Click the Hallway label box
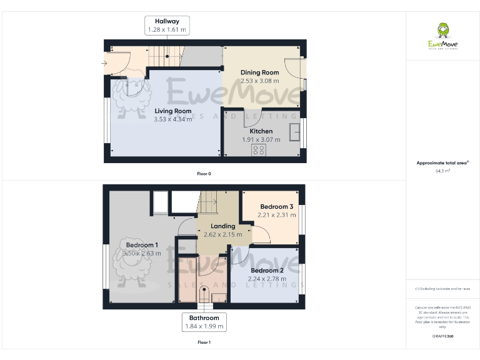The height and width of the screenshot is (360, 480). pyautogui.click(x=167, y=26)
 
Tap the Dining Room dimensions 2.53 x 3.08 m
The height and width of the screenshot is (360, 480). pyautogui.click(x=260, y=81)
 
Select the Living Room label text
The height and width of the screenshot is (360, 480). pyautogui.click(x=173, y=111)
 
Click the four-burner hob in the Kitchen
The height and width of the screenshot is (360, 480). pyautogui.click(x=257, y=151)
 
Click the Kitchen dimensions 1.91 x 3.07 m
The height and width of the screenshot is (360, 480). pyautogui.click(x=261, y=139)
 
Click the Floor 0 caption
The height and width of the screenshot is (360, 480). pyautogui.click(x=204, y=173)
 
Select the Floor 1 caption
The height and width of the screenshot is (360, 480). pyautogui.click(x=204, y=342)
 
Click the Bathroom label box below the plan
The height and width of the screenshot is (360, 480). pyautogui.click(x=204, y=322)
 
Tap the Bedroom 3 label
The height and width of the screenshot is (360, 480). pyautogui.click(x=277, y=207)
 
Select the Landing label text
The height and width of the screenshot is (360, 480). pyautogui.click(x=223, y=226)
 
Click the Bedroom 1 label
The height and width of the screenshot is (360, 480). pyautogui.click(x=141, y=245)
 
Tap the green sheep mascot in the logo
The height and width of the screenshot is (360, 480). pyautogui.click(x=443, y=30)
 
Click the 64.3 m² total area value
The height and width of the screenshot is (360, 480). pyautogui.click(x=442, y=170)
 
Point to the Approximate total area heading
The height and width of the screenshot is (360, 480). pyautogui.click(x=442, y=162)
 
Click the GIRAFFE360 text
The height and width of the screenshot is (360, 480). pyautogui.click(x=442, y=336)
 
